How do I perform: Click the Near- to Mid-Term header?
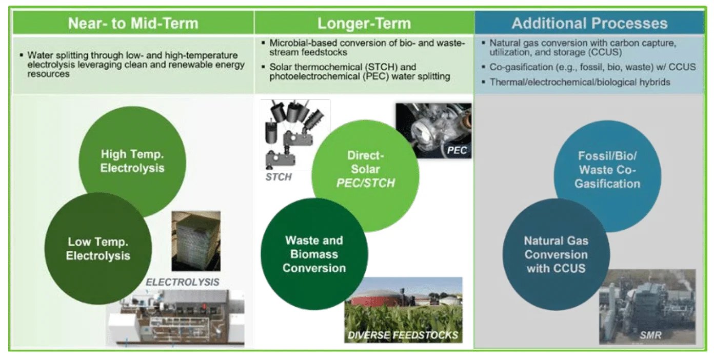pyautogui.click(x=133, y=24)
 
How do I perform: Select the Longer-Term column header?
pyautogui.click(x=364, y=24)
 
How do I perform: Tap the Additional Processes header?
pyautogui.click(x=589, y=24)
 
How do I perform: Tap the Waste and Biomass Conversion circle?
pyautogui.click(x=314, y=254)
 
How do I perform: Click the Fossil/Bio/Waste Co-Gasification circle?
pyautogui.click(x=607, y=169)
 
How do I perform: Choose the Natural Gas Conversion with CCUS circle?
pyautogui.click(x=556, y=254)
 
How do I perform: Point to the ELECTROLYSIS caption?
pyautogui.click(x=183, y=282)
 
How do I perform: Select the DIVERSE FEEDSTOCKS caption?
pyautogui.click(x=403, y=336)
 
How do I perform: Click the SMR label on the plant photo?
pyautogui.click(x=650, y=336)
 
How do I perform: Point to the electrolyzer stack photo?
pyautogui.click(x=195, y=241)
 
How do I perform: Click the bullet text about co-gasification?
pyautogui.click(x=589, y=68)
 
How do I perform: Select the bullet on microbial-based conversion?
pyautogui.click(x=367, y=47)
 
